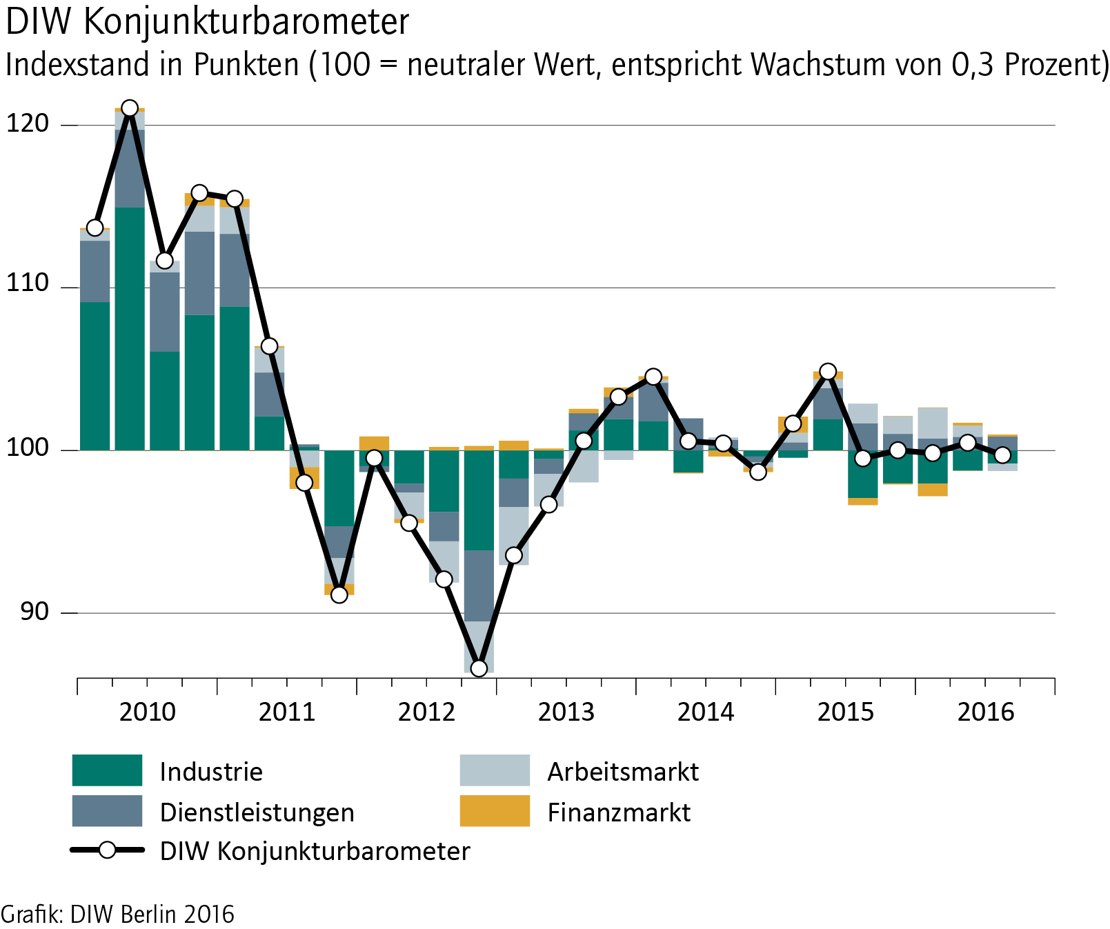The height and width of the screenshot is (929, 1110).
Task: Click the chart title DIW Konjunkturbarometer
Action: click(207, 22)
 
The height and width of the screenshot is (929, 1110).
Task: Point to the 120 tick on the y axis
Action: click(28, 123)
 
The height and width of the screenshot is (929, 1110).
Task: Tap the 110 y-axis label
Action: click(28, 283)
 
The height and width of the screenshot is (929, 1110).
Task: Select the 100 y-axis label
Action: click(28, 448)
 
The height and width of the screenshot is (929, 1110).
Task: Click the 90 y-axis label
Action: click(34, 611)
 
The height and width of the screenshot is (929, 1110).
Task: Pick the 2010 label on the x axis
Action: click(147, 712)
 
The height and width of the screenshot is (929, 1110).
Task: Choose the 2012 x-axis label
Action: click(426, 712)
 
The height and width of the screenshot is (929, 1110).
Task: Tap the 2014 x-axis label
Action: click(706, 712)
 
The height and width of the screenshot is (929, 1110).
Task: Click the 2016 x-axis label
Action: click(986, 712)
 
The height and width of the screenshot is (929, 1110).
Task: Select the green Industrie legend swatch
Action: click(107, 770)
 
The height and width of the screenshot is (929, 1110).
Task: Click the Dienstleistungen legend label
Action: click(257, 812)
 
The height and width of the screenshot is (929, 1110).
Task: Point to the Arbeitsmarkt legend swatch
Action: click(495, 770)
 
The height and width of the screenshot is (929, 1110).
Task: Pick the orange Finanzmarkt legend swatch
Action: click(495, 811)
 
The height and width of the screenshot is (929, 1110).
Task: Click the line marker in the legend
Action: click(107, 850)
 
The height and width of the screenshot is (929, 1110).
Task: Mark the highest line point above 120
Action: click(130, 108)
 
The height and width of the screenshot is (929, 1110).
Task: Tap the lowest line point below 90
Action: click(479, 668)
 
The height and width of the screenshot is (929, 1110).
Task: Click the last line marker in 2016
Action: click(1002, 455)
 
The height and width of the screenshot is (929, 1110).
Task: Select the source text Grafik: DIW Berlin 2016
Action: click(117, 915)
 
